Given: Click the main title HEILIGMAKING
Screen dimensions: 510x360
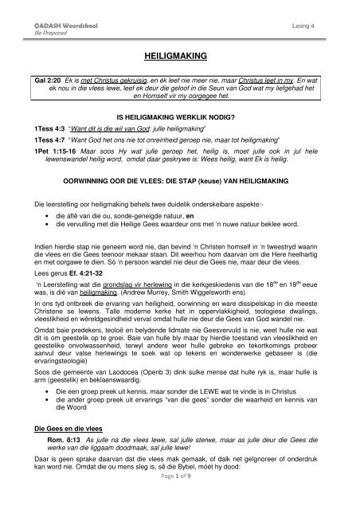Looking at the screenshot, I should click(181, 58).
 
